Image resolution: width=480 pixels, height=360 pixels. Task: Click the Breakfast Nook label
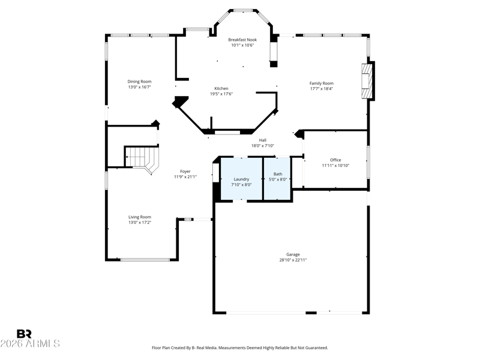coord(242,40)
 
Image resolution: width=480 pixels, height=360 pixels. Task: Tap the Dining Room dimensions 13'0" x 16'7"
coord(140,87)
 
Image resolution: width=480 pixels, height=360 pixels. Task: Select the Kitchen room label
coord(221,88)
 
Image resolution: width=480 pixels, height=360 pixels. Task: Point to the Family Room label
coord(322,83)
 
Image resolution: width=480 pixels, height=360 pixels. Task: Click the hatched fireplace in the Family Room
coord(367,81)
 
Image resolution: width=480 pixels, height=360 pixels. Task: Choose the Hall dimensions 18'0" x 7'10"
coord(263,146)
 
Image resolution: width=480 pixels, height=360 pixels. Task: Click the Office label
coord(335,160)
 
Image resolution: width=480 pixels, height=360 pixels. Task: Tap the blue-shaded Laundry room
coord(241,179)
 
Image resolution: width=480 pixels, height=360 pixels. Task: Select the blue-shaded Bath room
coord(277,179)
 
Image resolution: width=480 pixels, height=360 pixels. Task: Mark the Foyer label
coord(185,172)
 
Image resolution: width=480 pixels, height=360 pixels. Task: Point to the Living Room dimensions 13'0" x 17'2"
coord(140,223)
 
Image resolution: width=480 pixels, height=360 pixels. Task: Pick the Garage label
coord(293,254)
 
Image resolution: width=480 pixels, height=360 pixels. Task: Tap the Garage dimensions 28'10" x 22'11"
coord(293,260)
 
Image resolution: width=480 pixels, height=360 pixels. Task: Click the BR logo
coord(24,334)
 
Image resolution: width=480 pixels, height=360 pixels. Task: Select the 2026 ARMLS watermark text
coord(30,343)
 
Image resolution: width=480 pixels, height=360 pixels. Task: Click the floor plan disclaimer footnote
coord(240,348)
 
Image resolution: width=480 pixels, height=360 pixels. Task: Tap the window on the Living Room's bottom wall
coord(145,260)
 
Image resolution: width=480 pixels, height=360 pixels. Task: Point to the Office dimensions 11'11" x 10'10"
coord(335,166)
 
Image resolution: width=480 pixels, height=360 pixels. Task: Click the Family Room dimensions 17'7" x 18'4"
coord(322,89)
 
